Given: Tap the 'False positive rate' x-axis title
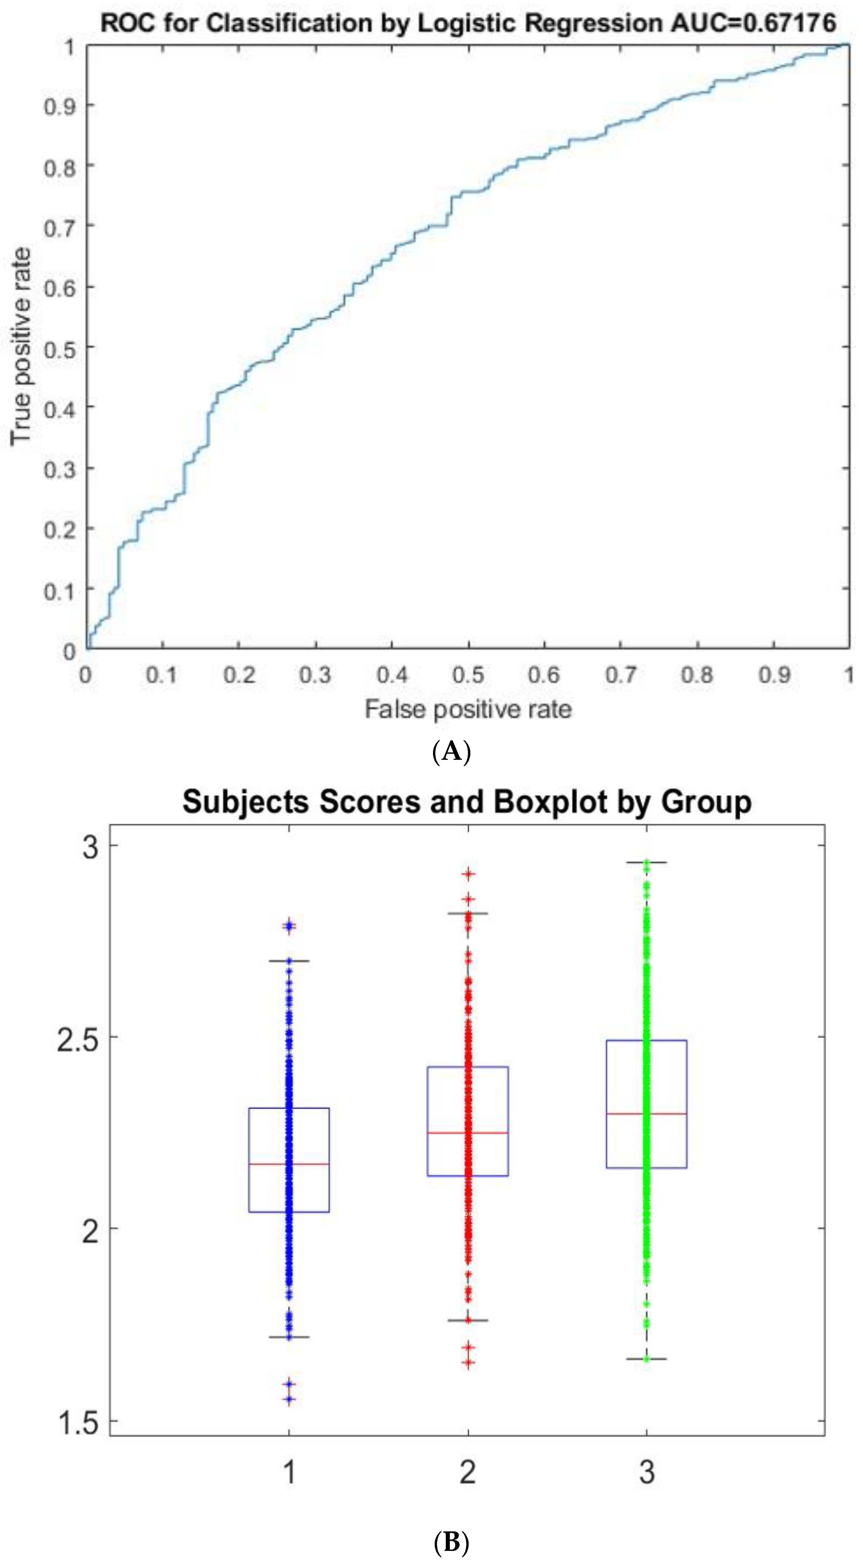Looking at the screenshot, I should coord(468,709).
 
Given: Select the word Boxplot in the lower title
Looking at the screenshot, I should coord(550,802).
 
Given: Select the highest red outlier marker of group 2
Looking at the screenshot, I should coord(468,874).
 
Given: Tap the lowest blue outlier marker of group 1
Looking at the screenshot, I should coord(289,1400).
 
